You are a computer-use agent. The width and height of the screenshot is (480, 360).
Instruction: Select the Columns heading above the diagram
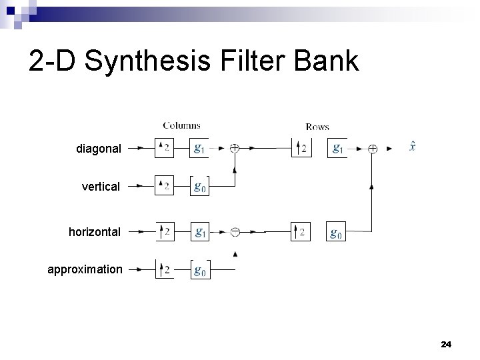pos(181,125)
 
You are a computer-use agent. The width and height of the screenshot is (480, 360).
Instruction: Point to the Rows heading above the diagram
pos(317,126)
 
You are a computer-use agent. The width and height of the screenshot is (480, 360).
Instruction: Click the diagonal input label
pos(99,149)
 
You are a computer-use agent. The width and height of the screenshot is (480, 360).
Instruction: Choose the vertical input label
pos(101,187)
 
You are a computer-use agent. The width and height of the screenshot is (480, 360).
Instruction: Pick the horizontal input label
pos(95,232)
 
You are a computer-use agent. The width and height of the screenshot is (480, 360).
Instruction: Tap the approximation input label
pos(85,269)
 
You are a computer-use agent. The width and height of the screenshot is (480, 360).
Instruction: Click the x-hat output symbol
pos(413,147)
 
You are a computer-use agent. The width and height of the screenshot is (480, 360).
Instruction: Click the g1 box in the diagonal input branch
pos(199,149)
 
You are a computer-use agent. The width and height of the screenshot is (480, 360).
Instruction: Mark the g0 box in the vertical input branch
pos(199,187)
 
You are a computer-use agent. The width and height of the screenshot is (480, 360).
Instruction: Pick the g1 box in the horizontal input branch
pos(199,232)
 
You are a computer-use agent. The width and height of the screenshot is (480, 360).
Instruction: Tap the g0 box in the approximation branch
pos(199,269)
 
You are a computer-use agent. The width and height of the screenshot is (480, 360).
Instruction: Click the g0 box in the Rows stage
pos(337,232)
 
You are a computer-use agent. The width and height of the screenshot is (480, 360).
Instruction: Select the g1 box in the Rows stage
pos(338,149)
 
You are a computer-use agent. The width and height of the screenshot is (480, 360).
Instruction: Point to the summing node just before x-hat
pos(372,149)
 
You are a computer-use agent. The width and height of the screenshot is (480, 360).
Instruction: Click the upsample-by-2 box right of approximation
pos(164,269)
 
